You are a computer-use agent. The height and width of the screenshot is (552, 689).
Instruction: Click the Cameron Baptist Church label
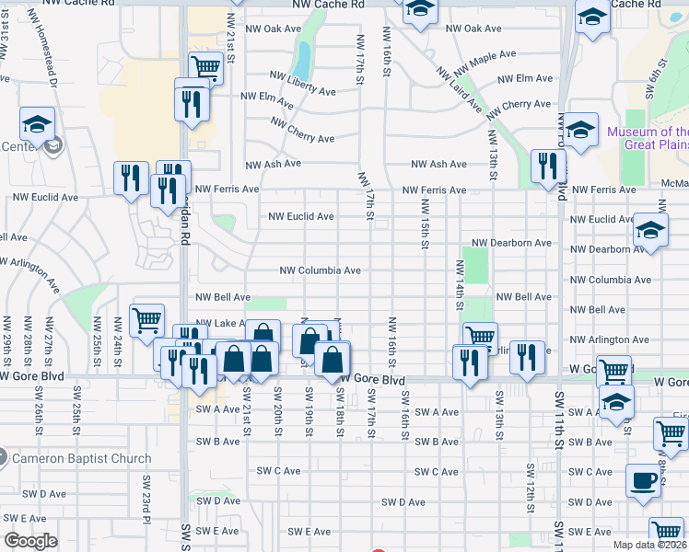tap(81, 458)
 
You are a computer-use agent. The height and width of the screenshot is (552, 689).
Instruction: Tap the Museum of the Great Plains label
tap(647, 138)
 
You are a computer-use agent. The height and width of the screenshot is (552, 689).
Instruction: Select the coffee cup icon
tap(642, 479)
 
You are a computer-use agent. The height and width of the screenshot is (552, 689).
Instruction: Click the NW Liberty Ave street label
tap(302, 83)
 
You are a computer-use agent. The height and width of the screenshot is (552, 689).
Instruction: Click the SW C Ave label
tap(279, 471)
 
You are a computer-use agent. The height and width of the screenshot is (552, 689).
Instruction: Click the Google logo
tap(30, 541)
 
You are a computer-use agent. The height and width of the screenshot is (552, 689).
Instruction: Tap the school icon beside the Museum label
tap(581, 130)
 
